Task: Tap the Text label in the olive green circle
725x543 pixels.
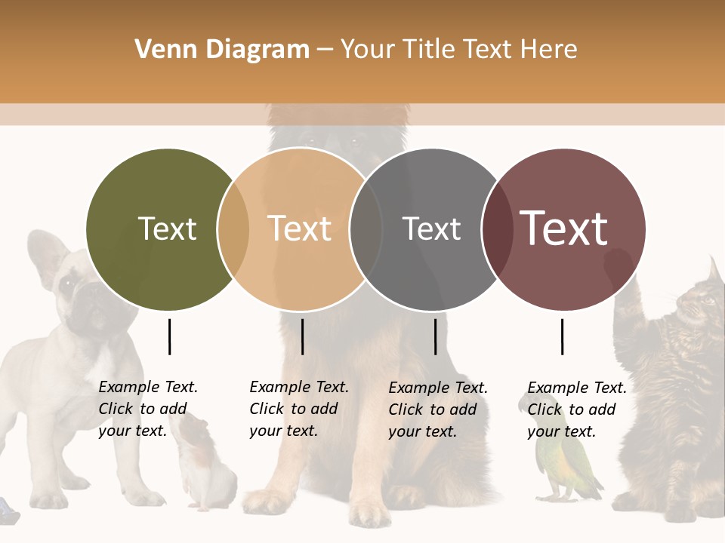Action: tap(167, 229)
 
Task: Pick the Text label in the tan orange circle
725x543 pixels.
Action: tap(300, 229)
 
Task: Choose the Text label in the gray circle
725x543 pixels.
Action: tap(431, 229)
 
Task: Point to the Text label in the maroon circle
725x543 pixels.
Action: tap(564, 228)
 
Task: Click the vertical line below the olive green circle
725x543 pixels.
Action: tap(170, 336)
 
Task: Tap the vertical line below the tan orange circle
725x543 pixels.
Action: tap(302, 336)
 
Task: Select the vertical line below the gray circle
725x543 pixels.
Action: tap(436, 336)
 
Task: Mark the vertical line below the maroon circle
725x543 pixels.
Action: tap(563, 336)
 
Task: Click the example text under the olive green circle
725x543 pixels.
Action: tap(148, 409)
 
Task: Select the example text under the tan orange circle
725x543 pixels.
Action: tap(299, 409)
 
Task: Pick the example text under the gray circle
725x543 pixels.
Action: tap(438, 409)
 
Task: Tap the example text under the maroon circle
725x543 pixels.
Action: tap(577, 409)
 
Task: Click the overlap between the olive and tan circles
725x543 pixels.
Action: tap(233, 229)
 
